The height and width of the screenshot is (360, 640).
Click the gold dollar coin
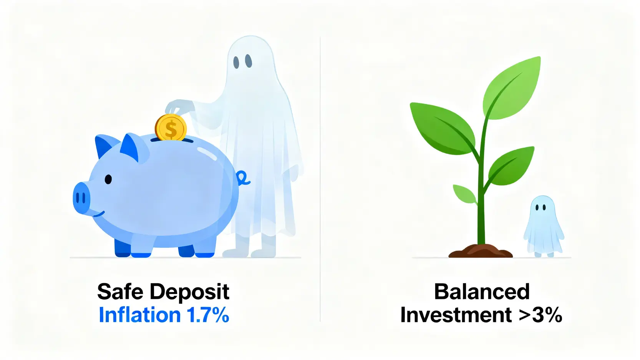(171, 128)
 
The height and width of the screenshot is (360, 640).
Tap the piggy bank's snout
(81, 198)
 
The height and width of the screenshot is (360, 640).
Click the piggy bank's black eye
(108, 179)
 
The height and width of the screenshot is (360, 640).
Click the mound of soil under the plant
(480, 251)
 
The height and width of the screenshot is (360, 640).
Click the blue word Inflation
(140, 315)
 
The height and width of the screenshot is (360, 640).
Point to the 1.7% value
(208, 315)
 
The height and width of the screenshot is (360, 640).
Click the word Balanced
(482, 292)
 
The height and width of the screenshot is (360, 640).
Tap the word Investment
(456, 315)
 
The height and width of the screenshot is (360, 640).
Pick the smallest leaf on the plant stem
(465, 194)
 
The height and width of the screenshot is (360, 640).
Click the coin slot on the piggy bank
(172, 140)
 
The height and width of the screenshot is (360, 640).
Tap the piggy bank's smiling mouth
(99, 214)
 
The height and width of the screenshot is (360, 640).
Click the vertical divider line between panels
(320, 179)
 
